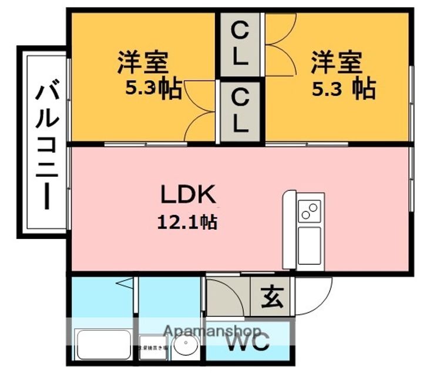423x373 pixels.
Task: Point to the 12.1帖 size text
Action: coord(187,221)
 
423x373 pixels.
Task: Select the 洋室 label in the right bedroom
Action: coord(337,62)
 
